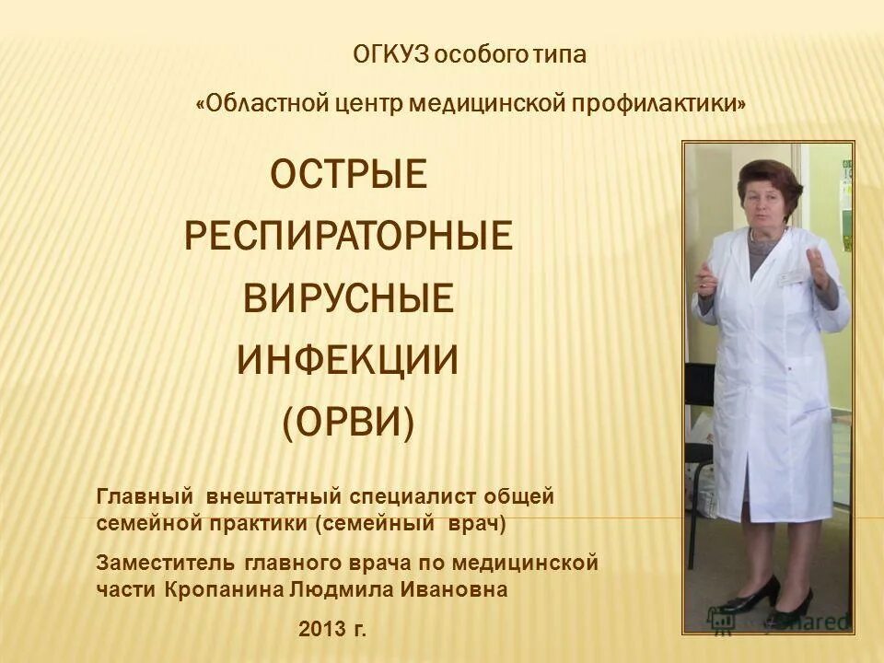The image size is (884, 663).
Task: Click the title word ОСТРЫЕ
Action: tap(348, 175)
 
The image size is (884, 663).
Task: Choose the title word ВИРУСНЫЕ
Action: tap(348, 299)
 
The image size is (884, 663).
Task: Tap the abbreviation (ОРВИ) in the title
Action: tap(348, 423)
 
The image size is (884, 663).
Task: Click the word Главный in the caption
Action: tap(145, 498)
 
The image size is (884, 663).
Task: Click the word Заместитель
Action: tap(167, 562)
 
